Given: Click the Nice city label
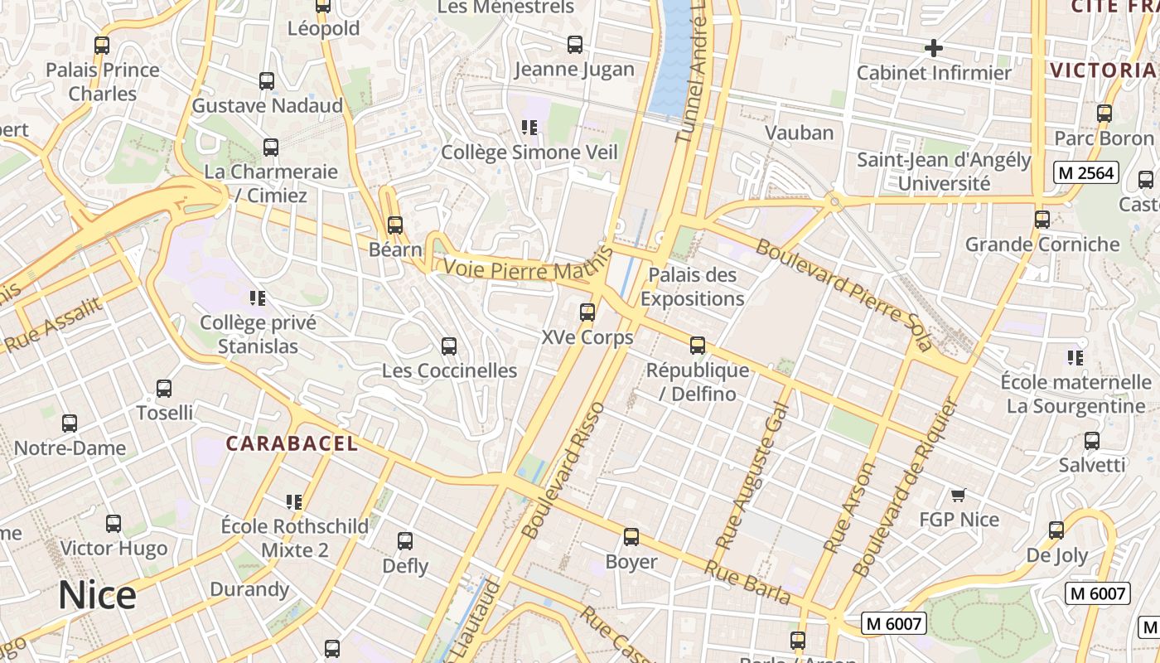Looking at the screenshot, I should point(97,596).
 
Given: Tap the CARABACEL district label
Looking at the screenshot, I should point(292,443).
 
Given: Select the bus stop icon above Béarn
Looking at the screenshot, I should point(395,225).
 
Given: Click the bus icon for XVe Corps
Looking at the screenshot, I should point(587,312).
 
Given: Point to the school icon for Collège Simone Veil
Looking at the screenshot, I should point(529,128).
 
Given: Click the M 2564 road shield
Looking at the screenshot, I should point(1086,173).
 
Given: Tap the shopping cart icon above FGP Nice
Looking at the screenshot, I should point(959,496).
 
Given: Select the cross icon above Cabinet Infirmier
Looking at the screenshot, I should point(934,48).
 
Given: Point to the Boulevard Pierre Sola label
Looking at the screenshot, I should point(843,295).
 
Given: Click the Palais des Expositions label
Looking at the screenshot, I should point(692,286).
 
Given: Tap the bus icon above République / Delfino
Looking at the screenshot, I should point(698,346).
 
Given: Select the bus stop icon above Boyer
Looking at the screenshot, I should point(631,537).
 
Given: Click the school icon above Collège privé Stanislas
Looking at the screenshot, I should point(257,298).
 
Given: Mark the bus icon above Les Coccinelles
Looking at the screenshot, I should point(449,346).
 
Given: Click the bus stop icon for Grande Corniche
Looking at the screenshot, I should point(1042,220).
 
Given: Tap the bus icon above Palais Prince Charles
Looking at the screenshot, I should point(102,46).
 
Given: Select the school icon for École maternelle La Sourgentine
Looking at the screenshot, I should point(1075,358).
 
